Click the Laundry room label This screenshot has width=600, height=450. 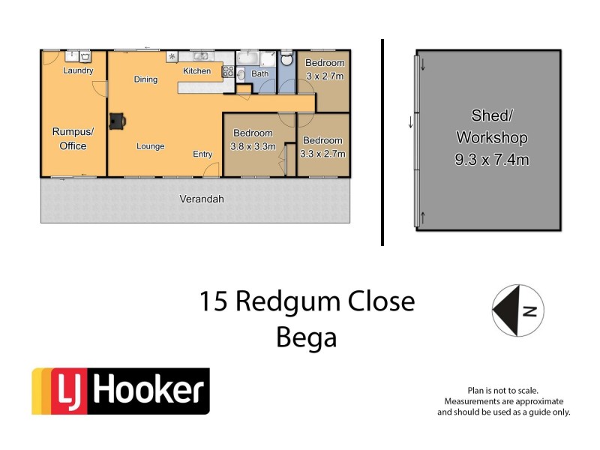click(78, 71)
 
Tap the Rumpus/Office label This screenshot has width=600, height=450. click(69, 139)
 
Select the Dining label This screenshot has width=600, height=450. click(145, 79)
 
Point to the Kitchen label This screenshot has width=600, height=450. click(197, 71)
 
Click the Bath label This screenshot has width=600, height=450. click(259, 74)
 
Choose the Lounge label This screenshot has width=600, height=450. click(150, 146)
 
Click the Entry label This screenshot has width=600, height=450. click(202, 154)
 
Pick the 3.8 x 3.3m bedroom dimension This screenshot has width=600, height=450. click(253, 146)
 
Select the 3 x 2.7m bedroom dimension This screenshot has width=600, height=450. click(324, 76)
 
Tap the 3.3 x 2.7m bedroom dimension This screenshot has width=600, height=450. click(322, 154)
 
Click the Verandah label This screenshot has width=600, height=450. click(202, 199)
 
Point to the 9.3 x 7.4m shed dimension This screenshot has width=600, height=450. click(491, 160)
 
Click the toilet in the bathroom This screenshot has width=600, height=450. click(286, 61)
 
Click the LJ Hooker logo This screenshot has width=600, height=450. click(120, 391)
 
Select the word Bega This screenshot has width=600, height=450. click(306, 337)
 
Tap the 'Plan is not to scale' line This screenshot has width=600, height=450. click(503, 391)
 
